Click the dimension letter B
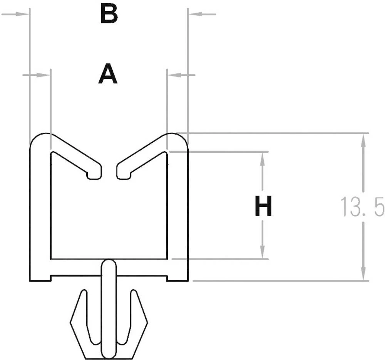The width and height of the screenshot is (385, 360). coord(108,15)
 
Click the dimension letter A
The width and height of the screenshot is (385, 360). coord(108,75)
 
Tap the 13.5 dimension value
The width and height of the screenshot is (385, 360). coord(362,208)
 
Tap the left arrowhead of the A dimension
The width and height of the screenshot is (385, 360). coord(45,75)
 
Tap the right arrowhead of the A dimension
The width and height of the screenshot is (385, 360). coord(173,75)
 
